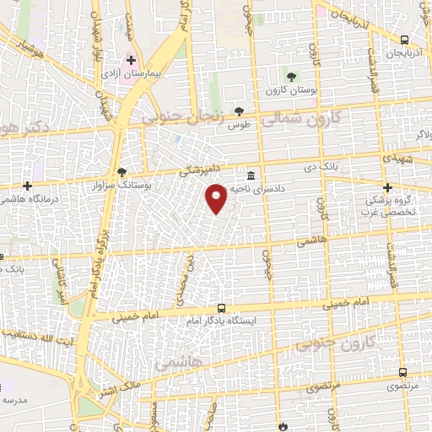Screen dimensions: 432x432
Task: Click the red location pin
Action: pos(217,197)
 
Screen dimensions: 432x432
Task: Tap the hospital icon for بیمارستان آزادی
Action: pos(131,61)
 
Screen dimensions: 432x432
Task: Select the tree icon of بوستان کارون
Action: pos(292,77)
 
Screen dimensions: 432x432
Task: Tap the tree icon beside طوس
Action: pos(240,111)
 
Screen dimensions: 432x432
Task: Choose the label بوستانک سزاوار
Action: pos(124,183)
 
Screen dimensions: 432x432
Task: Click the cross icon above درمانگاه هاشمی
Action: pos(28,186)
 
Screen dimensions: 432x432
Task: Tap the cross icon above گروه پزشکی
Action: pos(387,187)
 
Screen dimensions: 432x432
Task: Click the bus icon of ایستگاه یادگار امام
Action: pos(221,308)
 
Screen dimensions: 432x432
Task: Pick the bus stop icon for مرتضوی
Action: pos(403,371)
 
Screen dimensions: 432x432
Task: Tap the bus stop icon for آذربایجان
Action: pos(405,39)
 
